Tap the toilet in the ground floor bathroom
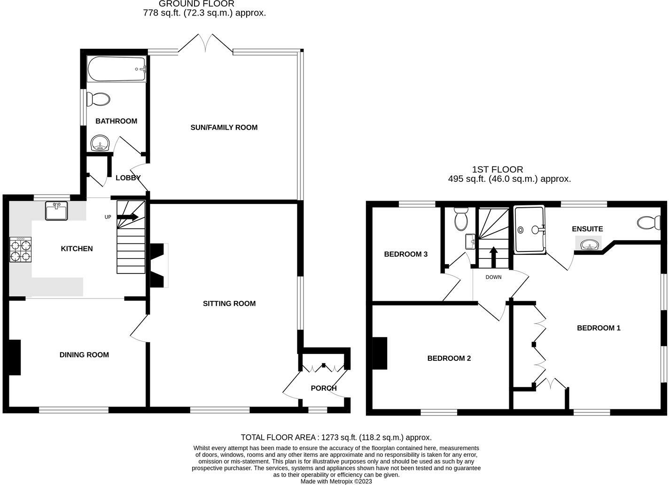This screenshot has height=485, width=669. point(98,99)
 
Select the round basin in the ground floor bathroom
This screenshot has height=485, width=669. point(101,143)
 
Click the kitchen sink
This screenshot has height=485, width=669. point(56,211)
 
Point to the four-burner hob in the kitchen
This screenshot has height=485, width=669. point(20,250)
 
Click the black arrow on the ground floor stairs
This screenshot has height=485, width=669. point(127,217)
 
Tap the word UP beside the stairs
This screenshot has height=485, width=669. point(108,217)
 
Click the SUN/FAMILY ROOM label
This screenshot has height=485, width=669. point(224,128)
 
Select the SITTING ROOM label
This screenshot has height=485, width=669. point(229,304)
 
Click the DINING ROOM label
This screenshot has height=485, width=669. point(84,355)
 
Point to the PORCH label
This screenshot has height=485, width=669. point(324,388)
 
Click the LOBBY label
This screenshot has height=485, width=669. point(128,178)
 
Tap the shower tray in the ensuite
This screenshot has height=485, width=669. point(529,229)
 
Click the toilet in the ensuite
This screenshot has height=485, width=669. point(648,223)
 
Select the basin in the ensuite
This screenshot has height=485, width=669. point(589,245)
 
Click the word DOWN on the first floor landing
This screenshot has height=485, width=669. point(493,277)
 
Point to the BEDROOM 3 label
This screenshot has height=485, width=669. point(405,254)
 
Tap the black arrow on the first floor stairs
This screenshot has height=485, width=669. point(493,257)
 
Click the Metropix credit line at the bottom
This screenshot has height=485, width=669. point(336,481)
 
